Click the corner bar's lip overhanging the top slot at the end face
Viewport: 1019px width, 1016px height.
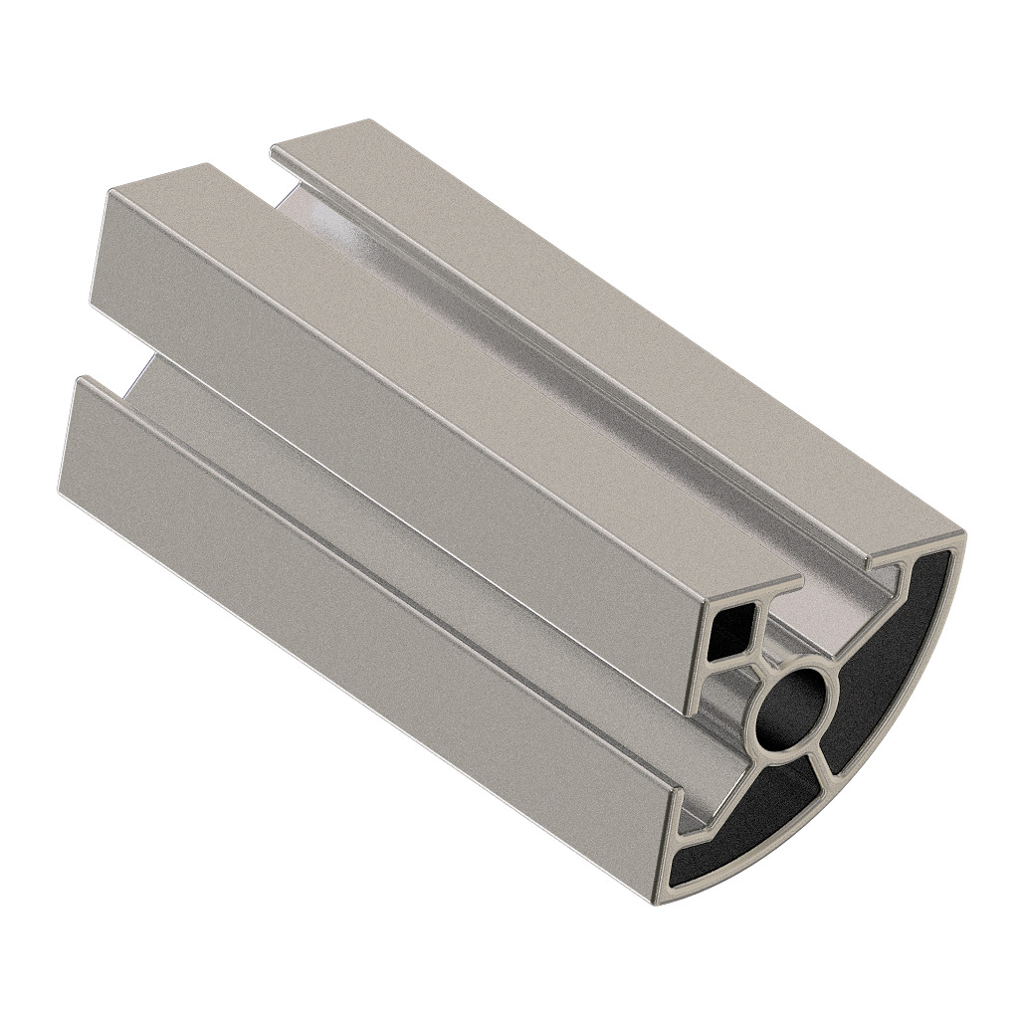click(x=786, y=583)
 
